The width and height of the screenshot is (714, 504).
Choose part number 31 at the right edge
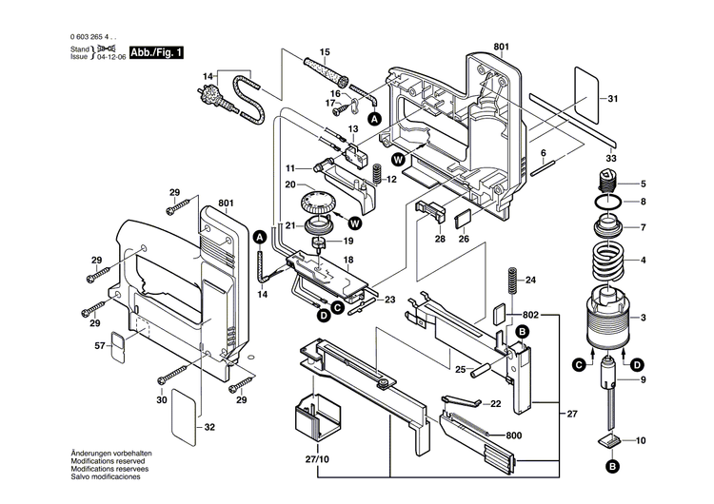[x=612, y=99]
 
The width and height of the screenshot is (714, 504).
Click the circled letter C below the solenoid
[x=579, y=362]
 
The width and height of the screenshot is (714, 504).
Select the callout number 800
[x=515, y=408]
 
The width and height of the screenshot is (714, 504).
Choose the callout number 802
[x=530, y=313]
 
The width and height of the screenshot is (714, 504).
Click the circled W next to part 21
[x=355, y=223]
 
